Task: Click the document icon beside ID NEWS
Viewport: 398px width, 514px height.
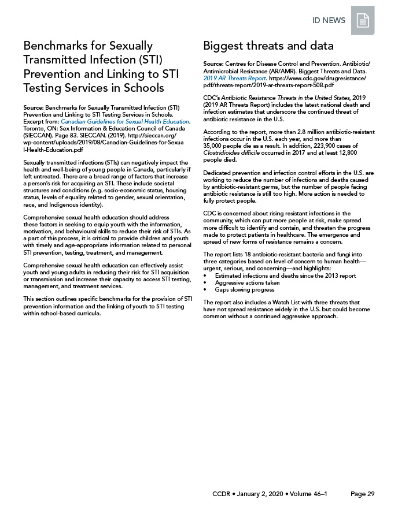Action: (363, 21)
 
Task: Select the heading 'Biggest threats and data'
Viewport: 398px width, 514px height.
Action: (268, 46)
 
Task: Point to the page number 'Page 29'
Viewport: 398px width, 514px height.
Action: (363, 494)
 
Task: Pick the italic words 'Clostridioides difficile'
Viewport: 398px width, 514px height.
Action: (231, 153)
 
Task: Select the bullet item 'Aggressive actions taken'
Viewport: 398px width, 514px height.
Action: (247, 283)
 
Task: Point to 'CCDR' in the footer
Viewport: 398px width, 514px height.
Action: (223, 494)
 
